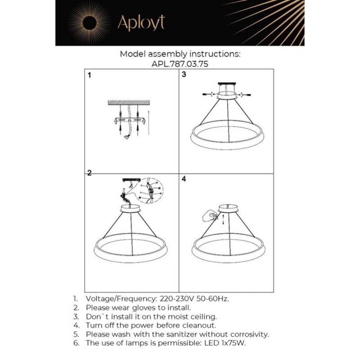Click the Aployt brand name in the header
point(141,22)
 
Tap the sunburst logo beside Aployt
point(89,23)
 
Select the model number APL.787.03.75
point(180,64)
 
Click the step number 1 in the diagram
point(89,76)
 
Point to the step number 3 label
point(184,75)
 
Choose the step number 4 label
point(184,179)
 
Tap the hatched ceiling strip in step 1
point(129,103)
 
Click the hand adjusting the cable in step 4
point(208,215)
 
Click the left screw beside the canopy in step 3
point(208,94)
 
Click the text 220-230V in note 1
point(177,298)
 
